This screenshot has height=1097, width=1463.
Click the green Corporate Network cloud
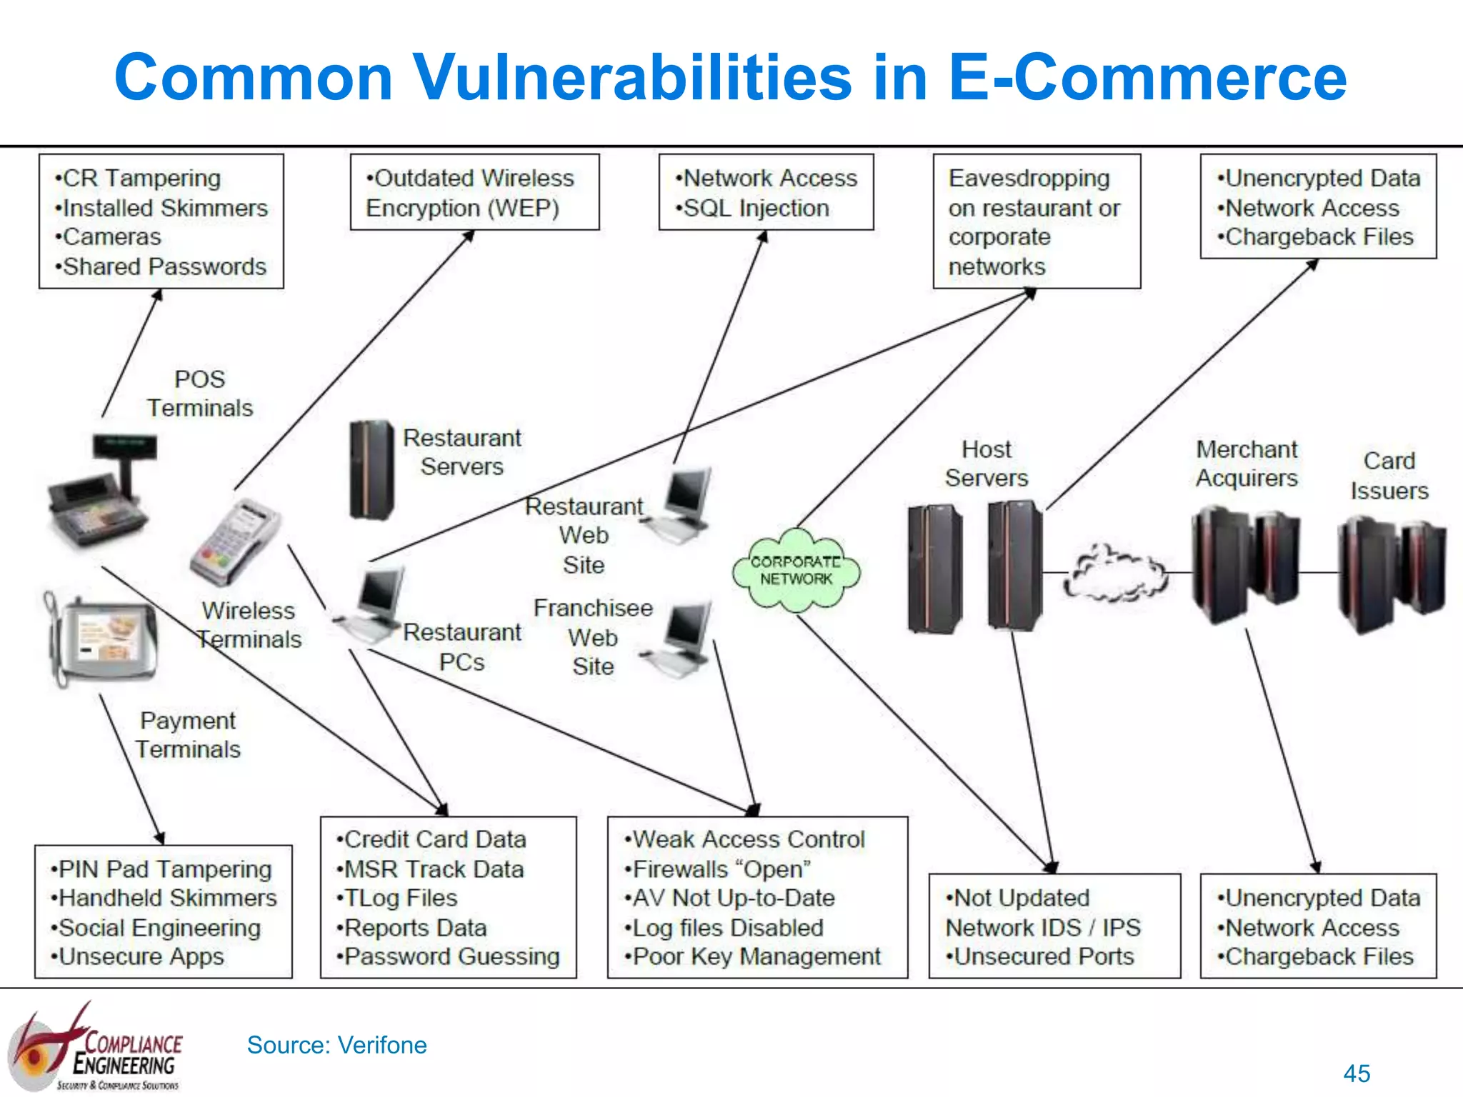pos(796,570)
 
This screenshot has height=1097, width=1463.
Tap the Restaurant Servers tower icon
pos(371,470)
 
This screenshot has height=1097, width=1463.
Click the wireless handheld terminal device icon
pos(235,542)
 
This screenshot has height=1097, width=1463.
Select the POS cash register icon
pos(100,493)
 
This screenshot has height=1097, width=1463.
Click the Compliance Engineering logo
pos(96,1048)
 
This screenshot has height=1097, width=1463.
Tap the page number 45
pos(1356,1073)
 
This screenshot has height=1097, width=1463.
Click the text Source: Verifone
pos(336,1045)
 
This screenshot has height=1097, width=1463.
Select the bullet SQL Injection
pos(756,209)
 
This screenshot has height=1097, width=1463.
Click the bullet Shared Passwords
pos(164,267)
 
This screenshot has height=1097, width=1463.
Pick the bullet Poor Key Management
pos(756,956)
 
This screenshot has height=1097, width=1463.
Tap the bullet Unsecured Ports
pos(1043,956)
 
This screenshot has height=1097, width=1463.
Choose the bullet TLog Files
pos(400,898)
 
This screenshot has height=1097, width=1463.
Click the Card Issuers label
pos(1389,476)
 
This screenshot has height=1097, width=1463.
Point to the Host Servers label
pos(987,464)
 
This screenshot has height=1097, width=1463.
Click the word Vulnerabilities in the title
pos(632,77)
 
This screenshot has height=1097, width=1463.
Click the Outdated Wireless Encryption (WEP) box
pos(474,192)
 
